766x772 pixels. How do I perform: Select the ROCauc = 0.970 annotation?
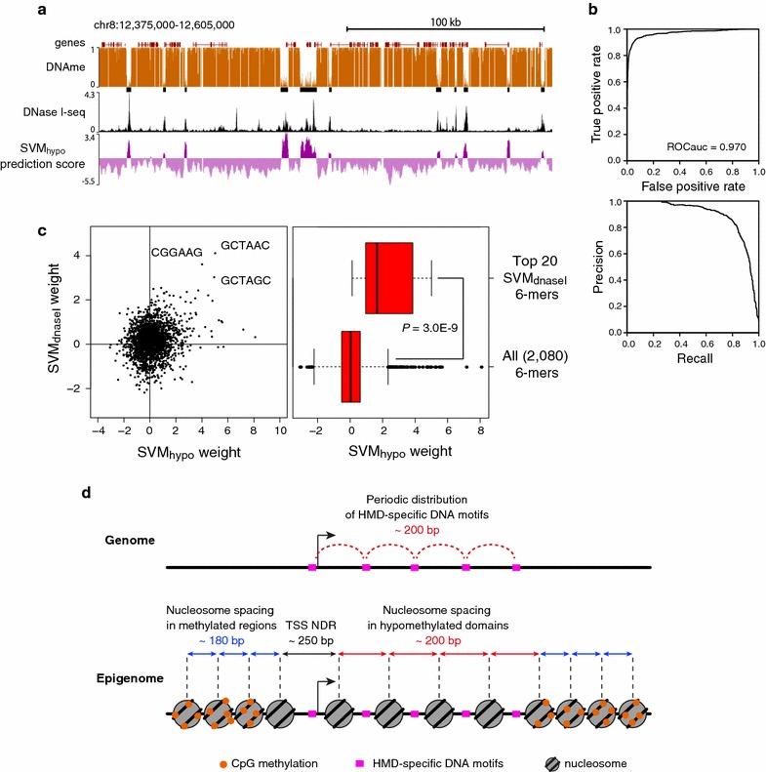click(x=701, y=146)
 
